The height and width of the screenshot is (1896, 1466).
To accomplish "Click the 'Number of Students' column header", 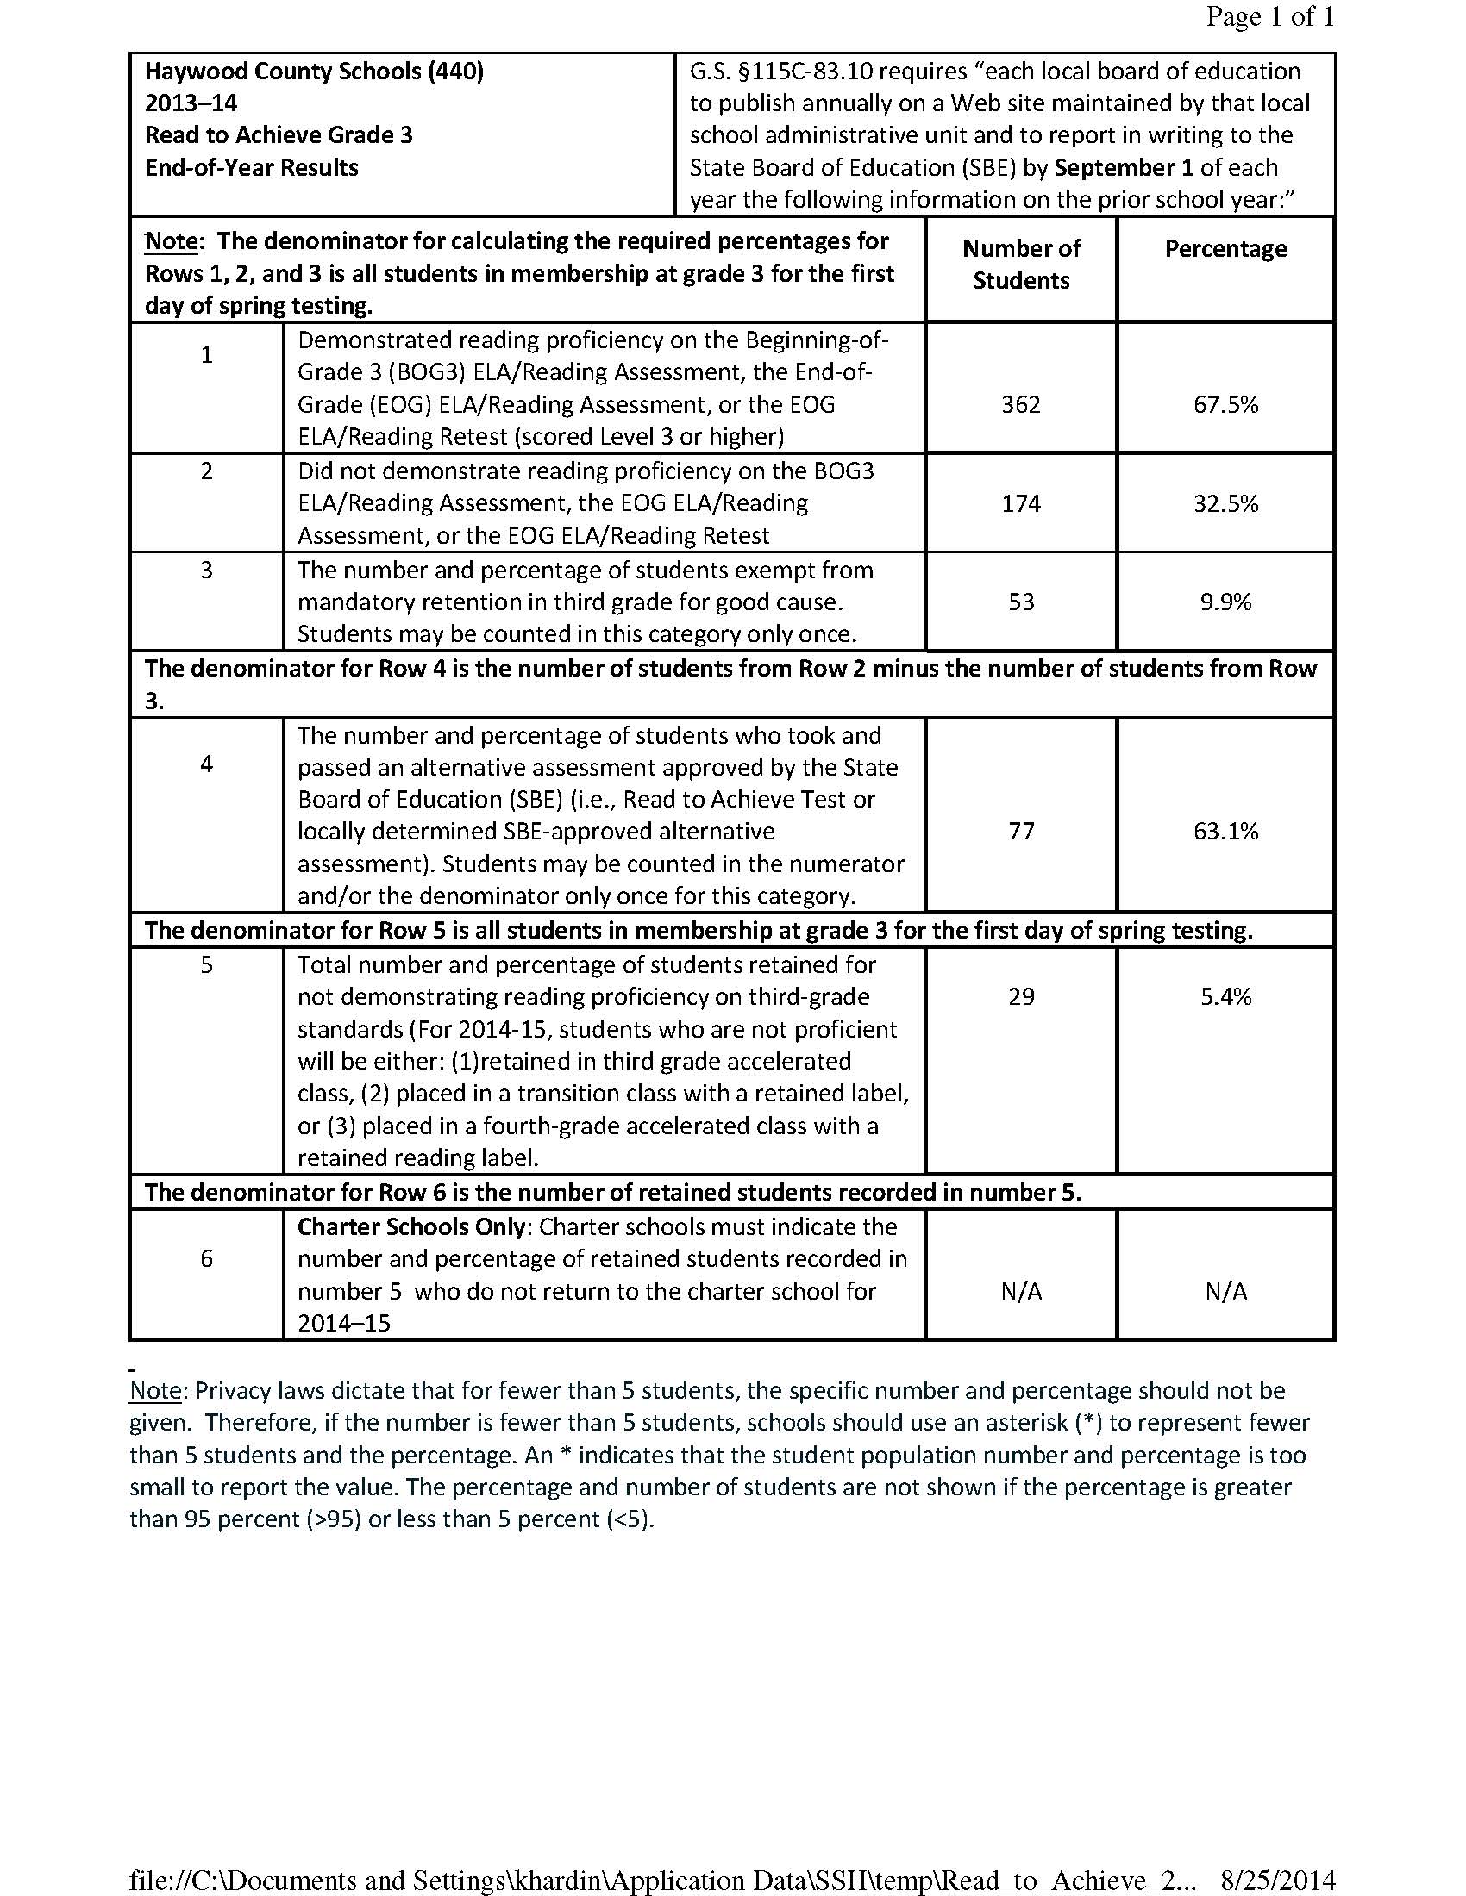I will point(1020,264).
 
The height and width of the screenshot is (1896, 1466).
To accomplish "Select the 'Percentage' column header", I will point(1225,248).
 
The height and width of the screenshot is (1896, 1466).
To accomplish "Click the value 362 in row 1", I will point(1020,404).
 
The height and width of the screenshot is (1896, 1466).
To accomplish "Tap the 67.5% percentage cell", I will point(1225,404).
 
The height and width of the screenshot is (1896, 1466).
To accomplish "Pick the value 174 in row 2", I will point(1020,503).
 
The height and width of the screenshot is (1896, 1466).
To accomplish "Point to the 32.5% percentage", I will point(1225,503).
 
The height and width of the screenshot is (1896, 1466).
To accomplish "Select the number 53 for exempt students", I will point(1021,602).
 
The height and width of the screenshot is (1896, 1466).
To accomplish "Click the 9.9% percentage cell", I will point(1225,602).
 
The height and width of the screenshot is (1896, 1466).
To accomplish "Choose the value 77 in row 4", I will point(1021,831).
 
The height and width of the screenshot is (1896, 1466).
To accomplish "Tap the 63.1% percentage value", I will point(1225,831).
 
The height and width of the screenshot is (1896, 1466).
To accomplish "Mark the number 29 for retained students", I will point(1021,995).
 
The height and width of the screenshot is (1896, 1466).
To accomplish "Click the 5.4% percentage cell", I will point(1225,995).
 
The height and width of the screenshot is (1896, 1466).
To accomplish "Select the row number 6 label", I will point(207,1258).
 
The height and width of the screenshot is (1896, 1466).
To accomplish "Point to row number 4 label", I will point(207,764).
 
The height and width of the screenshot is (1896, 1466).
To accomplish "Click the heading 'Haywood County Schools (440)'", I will point(315,71).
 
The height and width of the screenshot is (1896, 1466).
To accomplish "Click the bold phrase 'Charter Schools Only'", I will point(410,1226).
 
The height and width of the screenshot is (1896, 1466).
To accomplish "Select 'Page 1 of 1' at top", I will point(1269,17).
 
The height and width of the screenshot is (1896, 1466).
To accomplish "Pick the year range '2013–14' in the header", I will point(191,103).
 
